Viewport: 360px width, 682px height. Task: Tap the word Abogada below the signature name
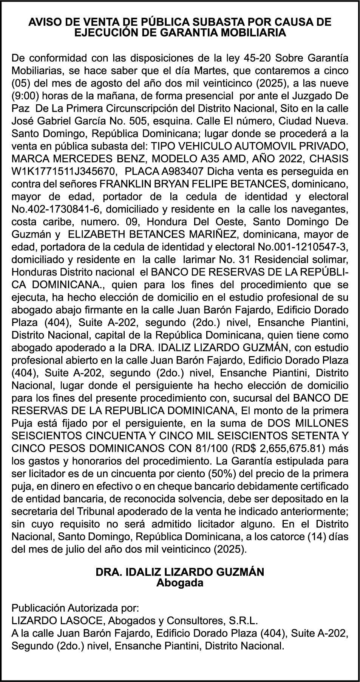tap(180, 583)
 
